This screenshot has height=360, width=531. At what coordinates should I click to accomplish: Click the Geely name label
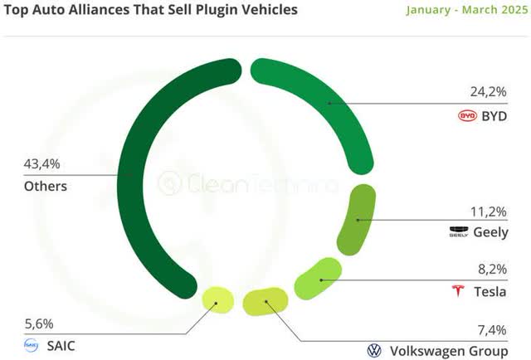pos(490,233)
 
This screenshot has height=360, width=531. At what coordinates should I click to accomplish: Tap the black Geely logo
pos(459,233)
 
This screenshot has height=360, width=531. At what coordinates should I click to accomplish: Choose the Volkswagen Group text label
pos(448,352)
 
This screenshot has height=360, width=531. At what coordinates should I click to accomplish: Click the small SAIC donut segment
pos(216,302)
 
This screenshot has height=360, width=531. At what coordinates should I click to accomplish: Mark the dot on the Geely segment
pos(357,220)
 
